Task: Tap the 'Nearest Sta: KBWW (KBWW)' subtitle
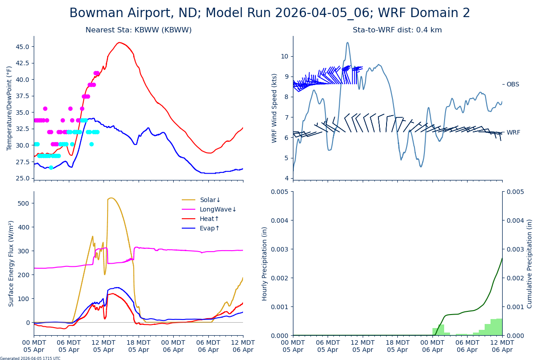[x=139, y=30]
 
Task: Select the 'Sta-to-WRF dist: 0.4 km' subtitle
[x=397, y=30]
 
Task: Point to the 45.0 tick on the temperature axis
[x=22, y=47]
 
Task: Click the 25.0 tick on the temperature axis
[x=22, y=178]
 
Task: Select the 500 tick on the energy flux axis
[x=24, y=203]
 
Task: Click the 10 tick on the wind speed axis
[x=284, y=56]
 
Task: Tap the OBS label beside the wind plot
[x=513, y=85]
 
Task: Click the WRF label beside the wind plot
[x=513, y=133]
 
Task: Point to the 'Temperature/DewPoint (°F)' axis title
[x=9, y=108]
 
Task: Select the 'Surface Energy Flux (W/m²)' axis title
[x=11, y=263]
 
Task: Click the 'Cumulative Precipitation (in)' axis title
[x=530, y=263]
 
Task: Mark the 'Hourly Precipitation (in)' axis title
[x=265, y=263]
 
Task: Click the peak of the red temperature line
[x=119, y=43]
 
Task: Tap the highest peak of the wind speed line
[x=347, y=43]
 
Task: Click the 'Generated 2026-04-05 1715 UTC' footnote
[x=30, y=359]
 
